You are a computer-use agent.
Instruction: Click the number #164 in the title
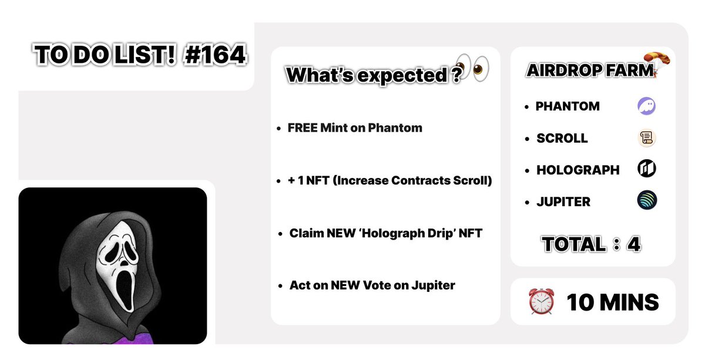pos(214,55)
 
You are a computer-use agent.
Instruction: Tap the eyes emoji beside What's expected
pos(473,68)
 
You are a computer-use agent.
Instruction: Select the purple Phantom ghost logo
pos(646,106)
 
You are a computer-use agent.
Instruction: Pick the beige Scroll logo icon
pos(646,138)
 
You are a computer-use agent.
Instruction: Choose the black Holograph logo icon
pos(646,170)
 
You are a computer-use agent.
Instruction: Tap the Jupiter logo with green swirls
pos(647,201)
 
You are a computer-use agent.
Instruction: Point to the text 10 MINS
pos(612,302)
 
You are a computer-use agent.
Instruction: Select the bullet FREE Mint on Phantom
pos(354,127)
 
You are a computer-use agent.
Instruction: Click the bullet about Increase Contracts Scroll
pos(390,180)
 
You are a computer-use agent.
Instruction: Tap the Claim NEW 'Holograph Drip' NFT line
pos(385,233)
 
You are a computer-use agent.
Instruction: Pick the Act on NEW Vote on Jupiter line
pos(372,285)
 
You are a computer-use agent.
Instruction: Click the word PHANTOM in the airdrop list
pos(568,106)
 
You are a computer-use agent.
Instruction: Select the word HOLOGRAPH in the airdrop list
pos(578,170)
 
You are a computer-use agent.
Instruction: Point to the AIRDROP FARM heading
pos(590,70)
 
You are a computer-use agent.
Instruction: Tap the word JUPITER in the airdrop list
pos(563,201)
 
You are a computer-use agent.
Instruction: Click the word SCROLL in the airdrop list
pos(562,138)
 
